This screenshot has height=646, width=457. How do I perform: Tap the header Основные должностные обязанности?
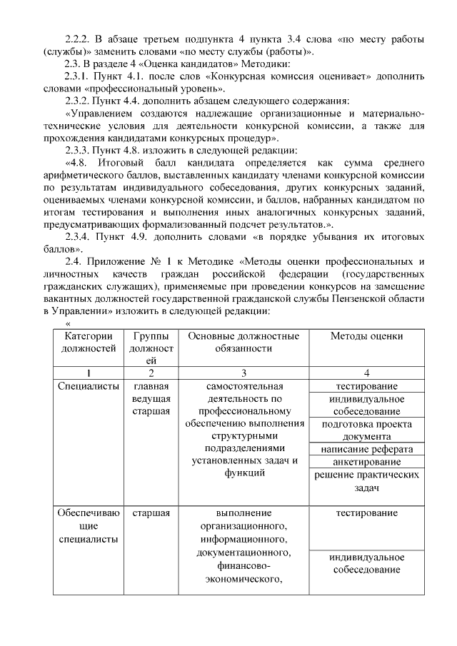pos(243,342)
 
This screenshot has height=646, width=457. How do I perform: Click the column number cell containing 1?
pos(89,373)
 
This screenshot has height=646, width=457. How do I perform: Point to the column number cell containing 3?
pos(243,373)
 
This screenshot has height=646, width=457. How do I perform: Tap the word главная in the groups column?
pos(151,386)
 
